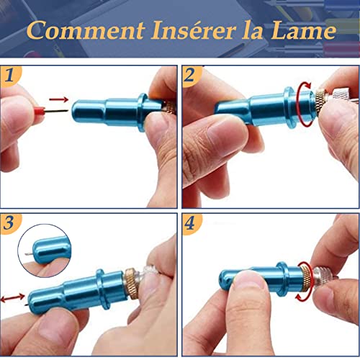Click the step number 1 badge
pyautogui.click(x=10, y=75)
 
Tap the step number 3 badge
pyautogui.click(x=10, y=221)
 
